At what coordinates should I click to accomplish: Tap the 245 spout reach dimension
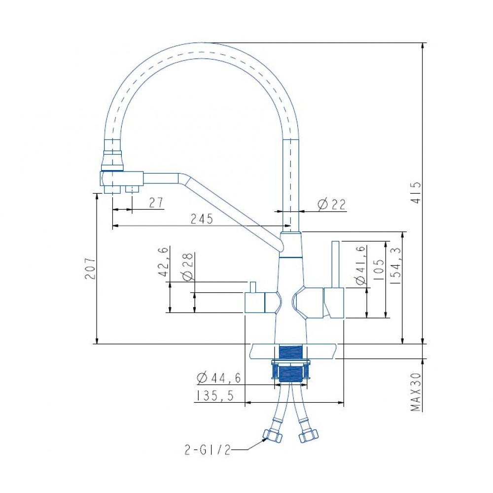pyautogui.click(x=202, y=219)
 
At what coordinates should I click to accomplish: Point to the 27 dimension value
pyautogui.click(x=156, y=203)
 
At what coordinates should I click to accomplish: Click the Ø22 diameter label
pyautogui.click(x=331, y=205)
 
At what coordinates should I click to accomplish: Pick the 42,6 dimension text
pyautogui.click(x=164, y=262)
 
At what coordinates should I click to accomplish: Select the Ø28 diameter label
pyautogui.click(x=187, y=266)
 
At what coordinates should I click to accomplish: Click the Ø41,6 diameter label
pyautogui.click(x=361, y=265)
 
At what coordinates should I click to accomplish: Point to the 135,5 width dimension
pyautogui.click(x=215, y=396)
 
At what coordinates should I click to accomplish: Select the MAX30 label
pyautogui.click(x=416, y=392)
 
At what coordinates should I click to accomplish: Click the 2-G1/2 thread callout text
pyautogui.click(x=207, y=451)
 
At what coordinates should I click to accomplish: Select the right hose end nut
pyautogui.click(x=308, y=436)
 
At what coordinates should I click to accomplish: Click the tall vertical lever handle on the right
pyautogui.click(x=335, y=265)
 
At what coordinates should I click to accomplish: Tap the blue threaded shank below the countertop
pyautogui.click(x=291, y=364)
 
